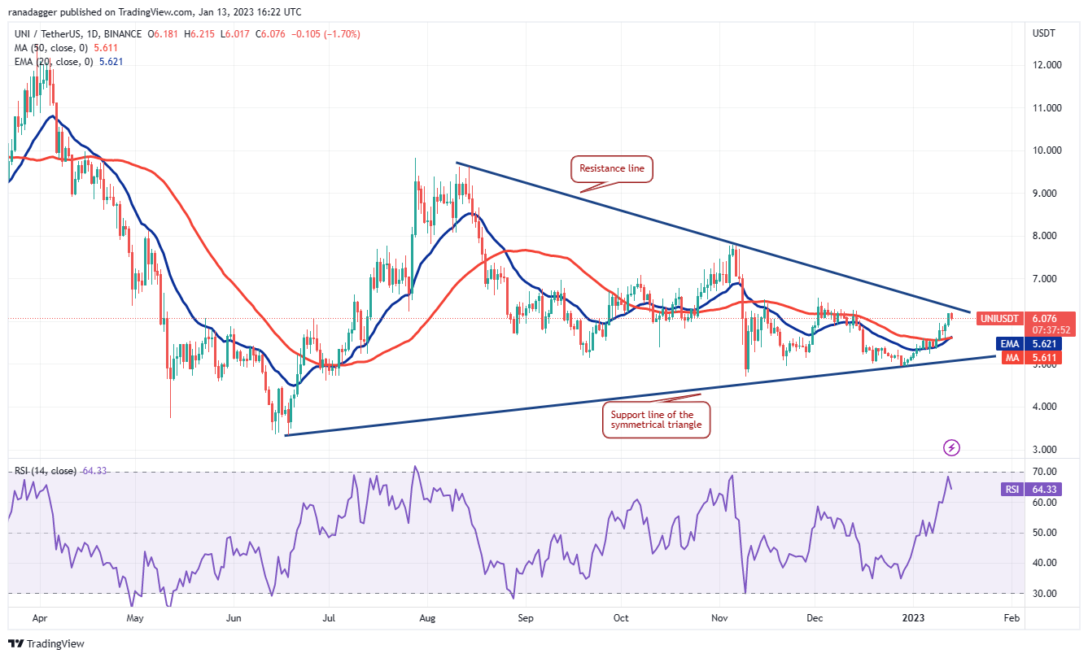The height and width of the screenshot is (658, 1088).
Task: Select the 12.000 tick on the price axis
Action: pos(1046,65)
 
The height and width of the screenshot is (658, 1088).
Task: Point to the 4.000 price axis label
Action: pos(1046,407)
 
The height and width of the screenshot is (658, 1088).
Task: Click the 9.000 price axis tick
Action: pos(1046,194)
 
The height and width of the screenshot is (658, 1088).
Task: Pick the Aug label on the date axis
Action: pos(428,618)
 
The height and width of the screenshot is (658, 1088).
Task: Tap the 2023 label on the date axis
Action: pos(914,618)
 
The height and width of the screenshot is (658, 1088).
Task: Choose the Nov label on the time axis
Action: pos(719,618)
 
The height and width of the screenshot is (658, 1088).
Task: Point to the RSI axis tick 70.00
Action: pos(1046,472)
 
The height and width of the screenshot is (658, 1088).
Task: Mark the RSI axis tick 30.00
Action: pos(1046,594)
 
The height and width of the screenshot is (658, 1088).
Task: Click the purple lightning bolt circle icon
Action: pos(951,447)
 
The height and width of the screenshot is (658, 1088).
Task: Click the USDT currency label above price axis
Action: pos(1043,33)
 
